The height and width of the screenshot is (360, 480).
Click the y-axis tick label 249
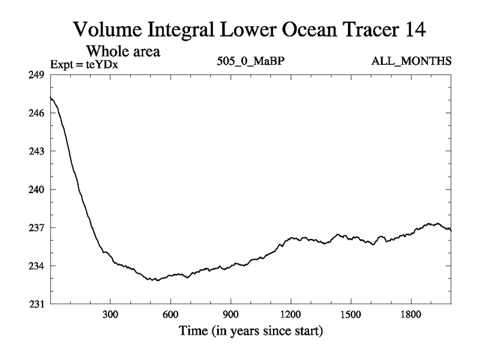(37, 74)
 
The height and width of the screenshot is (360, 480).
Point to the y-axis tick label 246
(37, 113)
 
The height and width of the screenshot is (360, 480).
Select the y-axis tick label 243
(37, 151)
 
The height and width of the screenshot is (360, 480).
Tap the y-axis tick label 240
(37, 190)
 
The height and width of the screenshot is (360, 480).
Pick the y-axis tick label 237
(37, 228)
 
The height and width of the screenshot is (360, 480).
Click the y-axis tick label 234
(37, 266)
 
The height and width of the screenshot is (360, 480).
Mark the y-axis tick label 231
(37, 304)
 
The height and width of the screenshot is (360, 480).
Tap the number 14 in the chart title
(412, 29)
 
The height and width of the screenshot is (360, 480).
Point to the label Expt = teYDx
(83, 62)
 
